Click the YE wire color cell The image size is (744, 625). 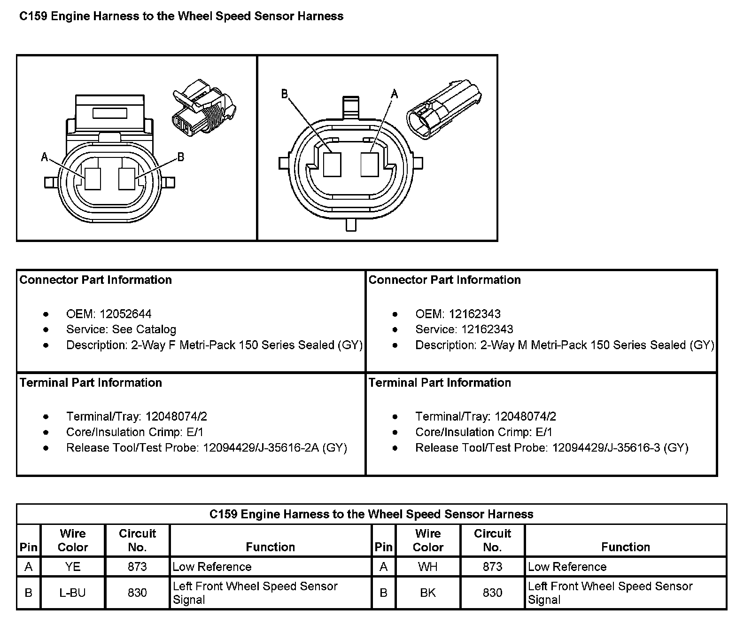73,567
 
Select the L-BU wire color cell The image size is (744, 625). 73,593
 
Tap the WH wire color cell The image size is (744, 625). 428,567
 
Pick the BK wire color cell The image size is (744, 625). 428,593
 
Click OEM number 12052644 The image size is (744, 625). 125,314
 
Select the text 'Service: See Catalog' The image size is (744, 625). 121,329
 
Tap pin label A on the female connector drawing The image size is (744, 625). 45,157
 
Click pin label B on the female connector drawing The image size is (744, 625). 181,157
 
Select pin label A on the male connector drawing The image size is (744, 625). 395,94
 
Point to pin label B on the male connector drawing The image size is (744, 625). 285,94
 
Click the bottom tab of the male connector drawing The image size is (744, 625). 351,225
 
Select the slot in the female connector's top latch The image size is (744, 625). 110,113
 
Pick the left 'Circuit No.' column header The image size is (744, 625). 137,540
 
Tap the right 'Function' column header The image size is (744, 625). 626,547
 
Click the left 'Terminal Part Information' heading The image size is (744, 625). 91,383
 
